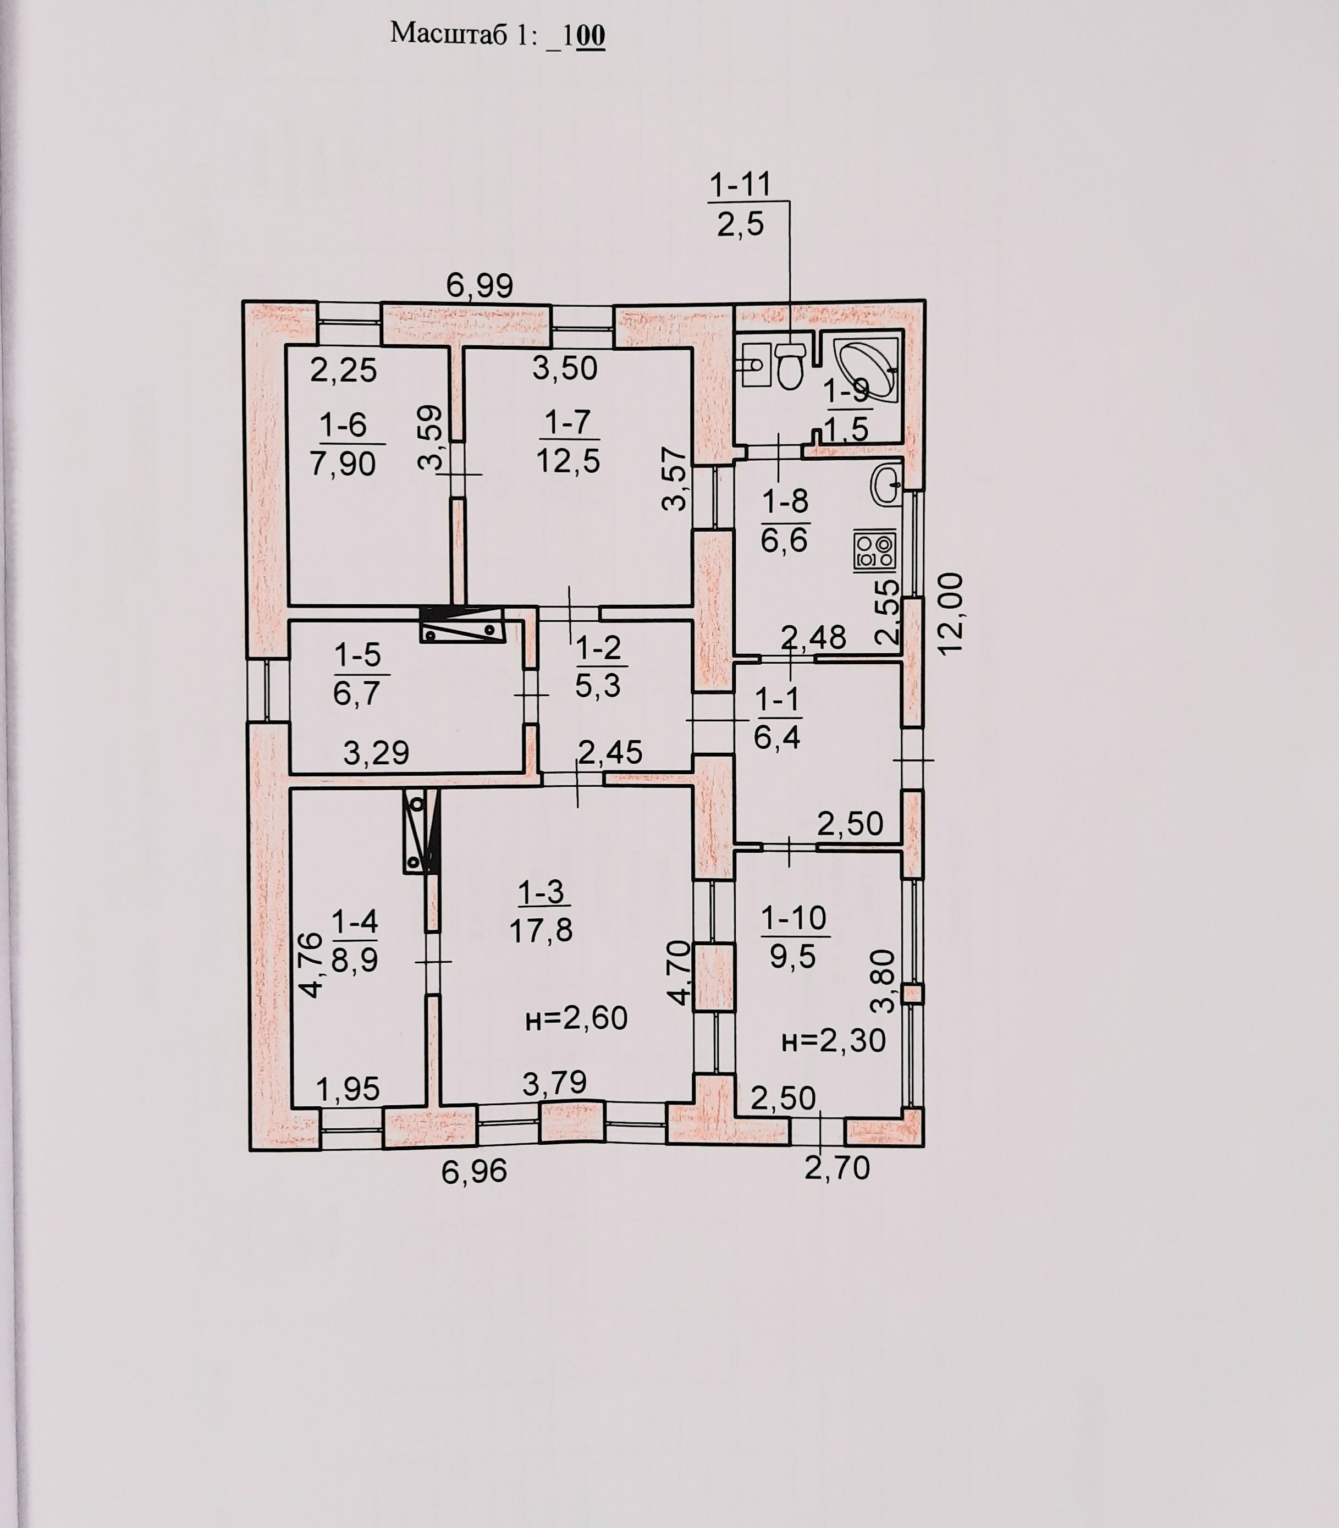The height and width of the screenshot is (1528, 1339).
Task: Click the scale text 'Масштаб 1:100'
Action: tap(497, 35)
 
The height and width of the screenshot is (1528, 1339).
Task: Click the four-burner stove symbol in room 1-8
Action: tap(875, 551)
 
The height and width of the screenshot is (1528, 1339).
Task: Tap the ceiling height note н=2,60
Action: tap(576, 1018)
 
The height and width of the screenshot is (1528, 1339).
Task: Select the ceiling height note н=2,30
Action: tap(833, 1040)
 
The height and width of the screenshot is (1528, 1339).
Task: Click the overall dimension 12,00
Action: tap(950, 614)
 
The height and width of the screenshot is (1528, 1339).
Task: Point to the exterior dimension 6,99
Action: tap(480, 285)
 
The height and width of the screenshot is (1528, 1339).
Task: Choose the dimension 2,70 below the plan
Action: tap(837, 1168)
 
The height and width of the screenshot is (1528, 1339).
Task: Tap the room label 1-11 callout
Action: tap(740, 184)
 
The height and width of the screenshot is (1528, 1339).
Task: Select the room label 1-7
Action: tap(568, 423)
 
